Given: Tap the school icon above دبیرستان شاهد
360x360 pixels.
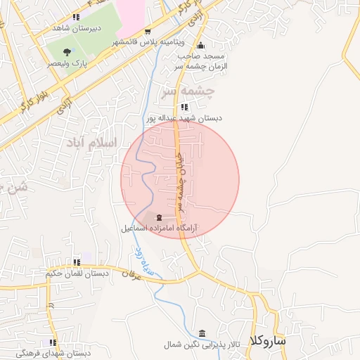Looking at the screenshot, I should pos(76,17).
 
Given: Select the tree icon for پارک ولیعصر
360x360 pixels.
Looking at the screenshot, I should pos(67,51).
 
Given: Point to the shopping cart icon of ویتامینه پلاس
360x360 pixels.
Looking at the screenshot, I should pos(148,32).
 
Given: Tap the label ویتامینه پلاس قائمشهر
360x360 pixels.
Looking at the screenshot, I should pos(144,42).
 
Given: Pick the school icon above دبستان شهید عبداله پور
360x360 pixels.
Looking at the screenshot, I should pos(184,107).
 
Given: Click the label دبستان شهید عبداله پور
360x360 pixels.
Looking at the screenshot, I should pos(184,118).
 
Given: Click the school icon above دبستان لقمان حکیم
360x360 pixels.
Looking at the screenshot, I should pos(76,263).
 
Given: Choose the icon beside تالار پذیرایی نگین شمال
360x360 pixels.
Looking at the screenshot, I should pos(203,333).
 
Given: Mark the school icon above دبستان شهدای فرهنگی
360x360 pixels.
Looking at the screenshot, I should pos(51,342).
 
